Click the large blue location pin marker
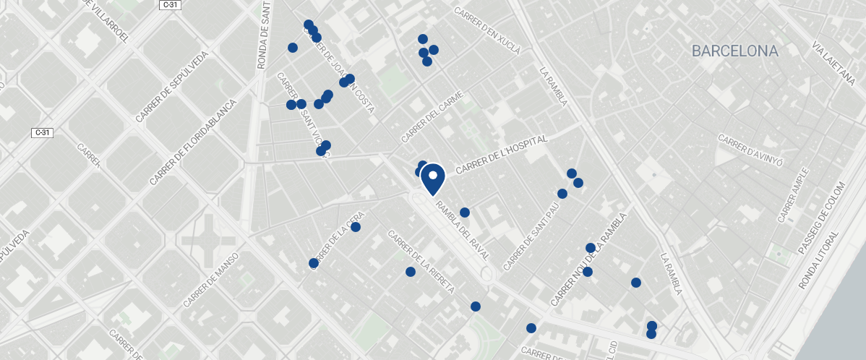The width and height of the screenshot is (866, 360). point(432,178)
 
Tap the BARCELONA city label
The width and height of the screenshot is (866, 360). point(734,51)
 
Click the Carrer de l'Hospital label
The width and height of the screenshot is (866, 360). point(502,154)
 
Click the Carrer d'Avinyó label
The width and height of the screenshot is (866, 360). point(750,147)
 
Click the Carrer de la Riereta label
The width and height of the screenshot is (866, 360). point(421,261)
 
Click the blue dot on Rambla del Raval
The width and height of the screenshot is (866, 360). point(465,213)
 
